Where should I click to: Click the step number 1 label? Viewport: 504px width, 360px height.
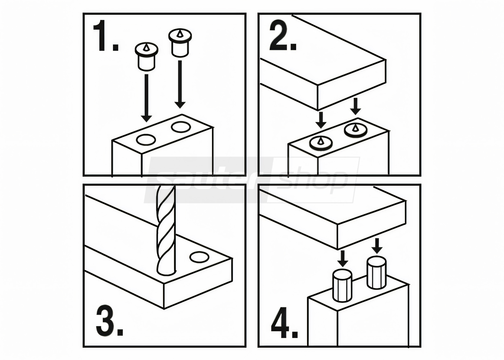point(106,36)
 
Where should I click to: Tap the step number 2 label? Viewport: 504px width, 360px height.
point(283,36)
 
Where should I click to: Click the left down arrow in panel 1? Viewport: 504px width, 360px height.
point(146,98)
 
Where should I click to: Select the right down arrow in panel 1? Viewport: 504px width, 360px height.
point(180,84)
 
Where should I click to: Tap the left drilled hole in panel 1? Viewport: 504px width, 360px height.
point(146,140)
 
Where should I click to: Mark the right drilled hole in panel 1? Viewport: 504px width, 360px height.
point(181,127)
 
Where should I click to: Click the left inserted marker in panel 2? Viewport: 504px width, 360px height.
point(321,143)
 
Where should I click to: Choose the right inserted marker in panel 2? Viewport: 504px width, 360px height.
point(355,130)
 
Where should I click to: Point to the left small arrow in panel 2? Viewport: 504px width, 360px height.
point(321,120)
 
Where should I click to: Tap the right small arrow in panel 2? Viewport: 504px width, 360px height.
point(355,106)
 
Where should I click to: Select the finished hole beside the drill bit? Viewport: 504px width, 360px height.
point(199,257)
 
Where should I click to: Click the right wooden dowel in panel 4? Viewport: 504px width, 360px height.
point(377,272)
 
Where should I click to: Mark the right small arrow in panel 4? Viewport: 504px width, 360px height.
point(377,246)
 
